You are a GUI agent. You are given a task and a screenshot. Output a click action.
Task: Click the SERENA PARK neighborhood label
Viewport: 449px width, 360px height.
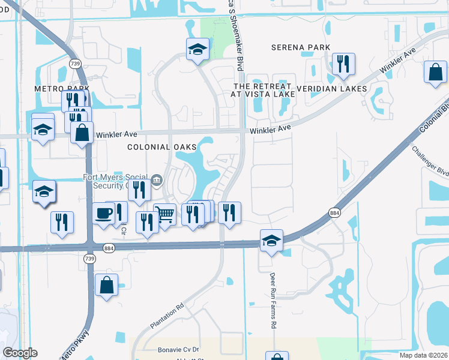[x=301, y=47]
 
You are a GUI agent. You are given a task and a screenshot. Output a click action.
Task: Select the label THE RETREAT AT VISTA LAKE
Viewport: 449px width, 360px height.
[x=264, y=90]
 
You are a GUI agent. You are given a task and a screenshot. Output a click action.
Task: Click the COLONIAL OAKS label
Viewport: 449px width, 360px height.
[x=154, y=147]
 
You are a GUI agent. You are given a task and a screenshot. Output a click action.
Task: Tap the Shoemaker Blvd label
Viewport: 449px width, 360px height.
[x=242, y=36]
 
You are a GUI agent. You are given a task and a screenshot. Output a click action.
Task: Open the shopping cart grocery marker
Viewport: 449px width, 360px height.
[x=165, y=214]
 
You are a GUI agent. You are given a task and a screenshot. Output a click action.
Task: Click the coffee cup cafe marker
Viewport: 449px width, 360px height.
[x=103, y=213]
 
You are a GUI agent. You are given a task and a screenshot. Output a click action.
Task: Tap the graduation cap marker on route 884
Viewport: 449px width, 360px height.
[x=271, y=240]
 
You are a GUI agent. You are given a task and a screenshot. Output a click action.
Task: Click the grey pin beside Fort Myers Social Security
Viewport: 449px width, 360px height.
[x=156, y=178]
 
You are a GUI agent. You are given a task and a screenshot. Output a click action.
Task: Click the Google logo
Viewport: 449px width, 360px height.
[x=20, y=352]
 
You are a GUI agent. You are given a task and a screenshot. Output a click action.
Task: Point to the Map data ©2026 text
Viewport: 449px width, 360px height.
[x=423, y=355]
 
